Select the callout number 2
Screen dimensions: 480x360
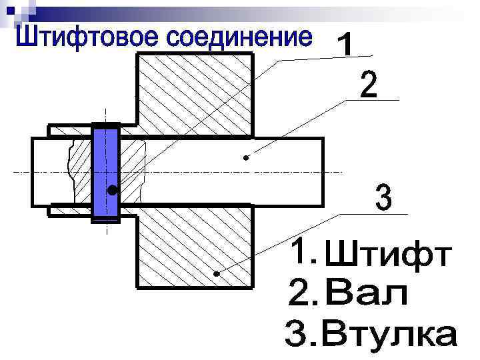pyautogui.click(x=368, y=86)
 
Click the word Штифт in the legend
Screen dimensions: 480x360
pyautogui.click(x=391, y=256)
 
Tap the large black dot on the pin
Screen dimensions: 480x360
pyautogui.click(x=113, y=191)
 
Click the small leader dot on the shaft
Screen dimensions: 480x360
pyautogui.click(x=246, y=158)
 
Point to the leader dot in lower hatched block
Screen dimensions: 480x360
pyautogui.click(x=216, y=274)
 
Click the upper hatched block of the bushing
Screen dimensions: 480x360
pyautogui.click(x=195, y=93)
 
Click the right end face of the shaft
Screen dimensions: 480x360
pyautogui.click(x=323, y=171)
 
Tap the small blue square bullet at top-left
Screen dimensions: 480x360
pyautogui.click(x=9, y=9)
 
